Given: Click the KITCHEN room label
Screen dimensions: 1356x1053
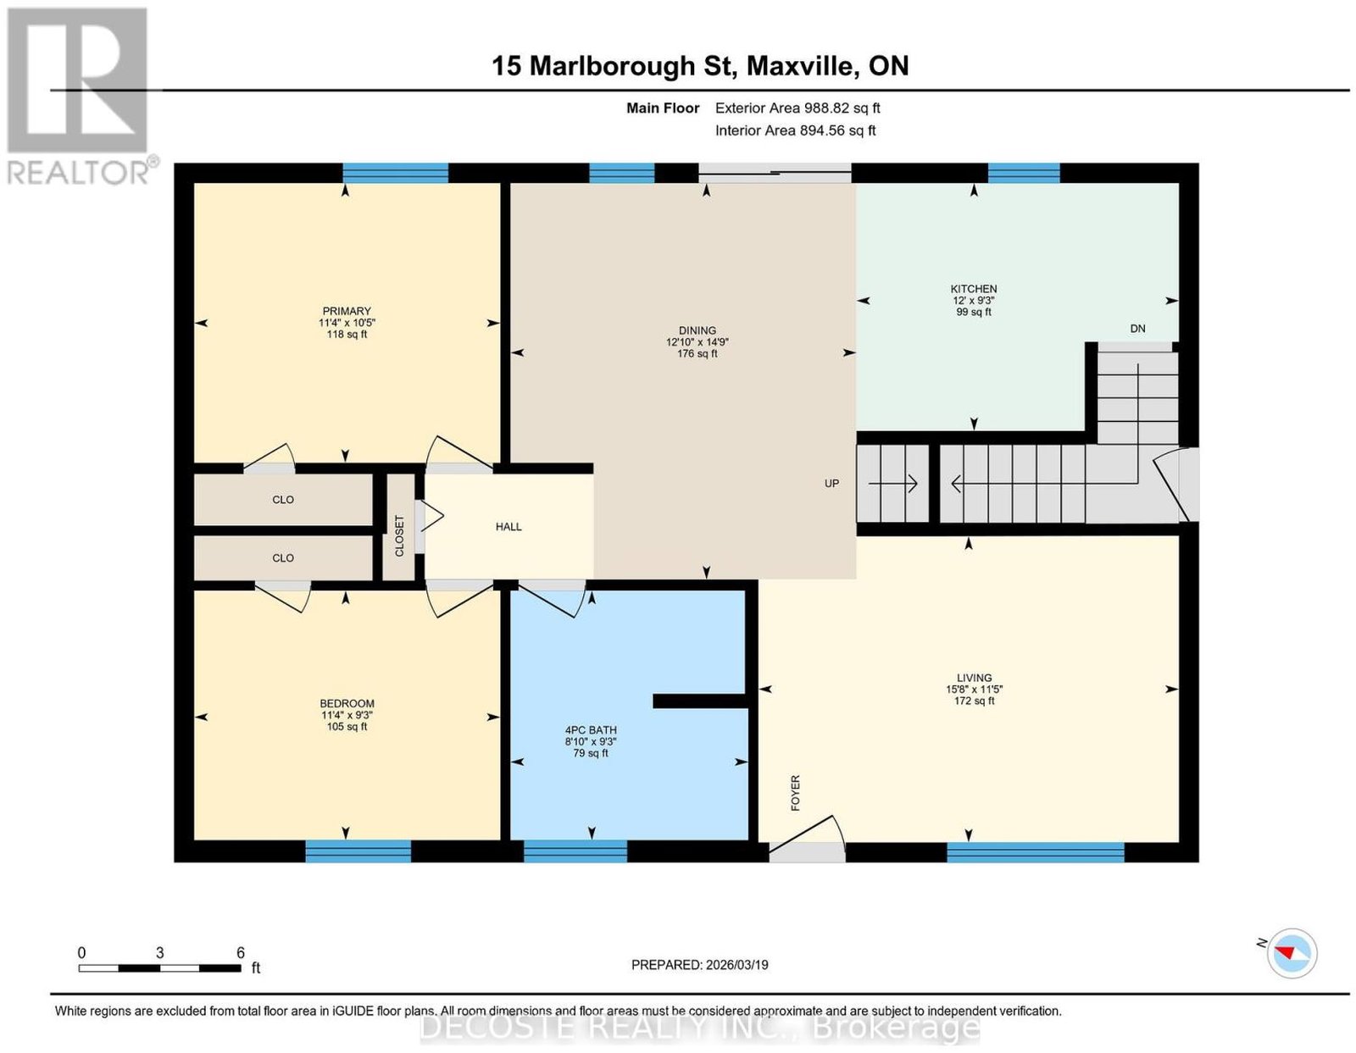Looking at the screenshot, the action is [973, 289].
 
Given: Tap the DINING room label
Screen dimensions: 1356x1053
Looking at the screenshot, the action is [697, 330].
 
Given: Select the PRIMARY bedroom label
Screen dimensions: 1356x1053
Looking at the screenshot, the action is [347, 311].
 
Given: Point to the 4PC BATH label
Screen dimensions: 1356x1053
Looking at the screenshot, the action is [591, 730].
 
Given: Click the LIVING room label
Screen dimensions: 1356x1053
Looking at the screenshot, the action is [974, 678].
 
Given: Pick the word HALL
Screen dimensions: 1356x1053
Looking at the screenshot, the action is [508, 527].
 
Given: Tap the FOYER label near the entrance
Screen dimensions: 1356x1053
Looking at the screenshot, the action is [795, 793].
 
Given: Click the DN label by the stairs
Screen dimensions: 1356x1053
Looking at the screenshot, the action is [1137, 329].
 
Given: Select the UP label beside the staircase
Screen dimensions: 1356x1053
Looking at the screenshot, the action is [831, 483].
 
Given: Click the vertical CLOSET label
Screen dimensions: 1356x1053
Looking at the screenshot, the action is [399, 535].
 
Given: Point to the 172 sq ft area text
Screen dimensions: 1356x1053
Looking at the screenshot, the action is [974, 701].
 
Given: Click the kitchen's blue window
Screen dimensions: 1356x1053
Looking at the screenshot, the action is [1024, 173].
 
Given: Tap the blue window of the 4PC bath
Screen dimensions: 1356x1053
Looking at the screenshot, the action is [575, 851].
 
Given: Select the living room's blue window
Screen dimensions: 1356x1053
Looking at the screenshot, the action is [1036, 851].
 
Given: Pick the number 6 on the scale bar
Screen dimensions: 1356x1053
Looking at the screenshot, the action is [240, 952].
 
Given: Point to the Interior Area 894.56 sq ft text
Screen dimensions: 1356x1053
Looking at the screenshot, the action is [795, 130].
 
